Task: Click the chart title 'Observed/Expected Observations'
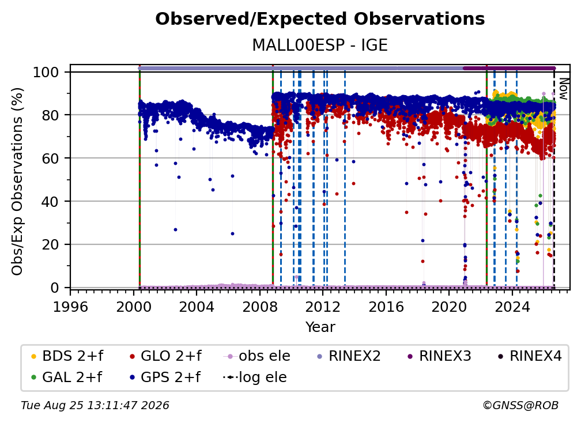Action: pyautogui.click(x=320, y=19)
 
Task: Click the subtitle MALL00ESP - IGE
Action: pyautogui.click(x=320, y=46)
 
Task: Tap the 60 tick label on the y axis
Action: pyautogui.click(x=50, y=158)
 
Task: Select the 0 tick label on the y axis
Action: pyautogui.click(x=55, y=288)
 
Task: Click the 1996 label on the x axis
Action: pyautogui.click(x=70, y=307)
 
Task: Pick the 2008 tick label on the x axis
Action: pyautogui.click(x=260, y=307)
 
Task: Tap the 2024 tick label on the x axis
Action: pyautogui.click(x=512, y=307)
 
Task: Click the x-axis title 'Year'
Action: pyautogui.click(x=320, y=327)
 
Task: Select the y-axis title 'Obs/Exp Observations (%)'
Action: pyautogui.click(x=17, y=182)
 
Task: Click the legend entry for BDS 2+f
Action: pyautogui.click(x=67, y=356)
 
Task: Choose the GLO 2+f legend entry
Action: pyautogui.click(x=165, y=356)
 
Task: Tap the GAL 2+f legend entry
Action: pyautogui.click(x=67, y=377)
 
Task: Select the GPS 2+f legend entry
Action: pyautogui.click(x=165, y=377)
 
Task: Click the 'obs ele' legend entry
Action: pyautogui.click(x=257, y=356)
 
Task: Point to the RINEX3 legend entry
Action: pyautogui.click(x=439, y=356)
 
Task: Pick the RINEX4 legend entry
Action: pyautogui.click(x=530, y=356)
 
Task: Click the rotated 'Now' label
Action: pyautogui.click(x=563, y=89)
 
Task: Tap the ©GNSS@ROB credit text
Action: pyautogui.click(x=520, y=406)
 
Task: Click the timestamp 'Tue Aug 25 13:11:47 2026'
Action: pyautogui.click(x=95, y=406)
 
